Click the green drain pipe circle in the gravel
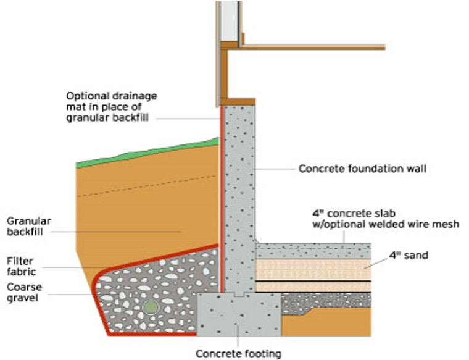point(149,306)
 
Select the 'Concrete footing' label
point(238,353)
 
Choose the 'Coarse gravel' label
point(22,293)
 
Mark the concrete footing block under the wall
point(238,315)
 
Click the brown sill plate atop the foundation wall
point(238,101)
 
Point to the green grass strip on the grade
point(148,153)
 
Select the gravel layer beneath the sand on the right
point(327,300)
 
